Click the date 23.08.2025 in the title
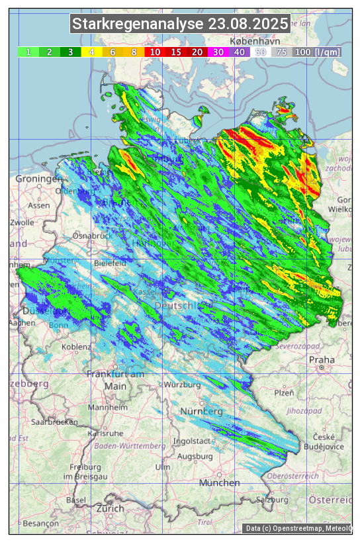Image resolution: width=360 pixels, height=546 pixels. tap(248, 24)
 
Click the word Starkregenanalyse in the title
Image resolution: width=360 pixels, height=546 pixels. tap(138, 24)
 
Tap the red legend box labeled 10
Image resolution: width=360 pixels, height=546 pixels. tap(155, 52)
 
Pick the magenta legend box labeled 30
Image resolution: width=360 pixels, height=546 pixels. tap(218, 52)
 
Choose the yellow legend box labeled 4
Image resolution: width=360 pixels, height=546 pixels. tap(92, 52)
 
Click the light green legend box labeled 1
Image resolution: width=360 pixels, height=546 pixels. tap(28, 52)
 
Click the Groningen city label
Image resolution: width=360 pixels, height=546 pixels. tap(38, 179)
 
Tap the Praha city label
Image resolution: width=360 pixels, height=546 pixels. tap(322, 360)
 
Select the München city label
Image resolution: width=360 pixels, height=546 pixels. tap(219, 483)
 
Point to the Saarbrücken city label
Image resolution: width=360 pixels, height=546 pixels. tap(55, 421)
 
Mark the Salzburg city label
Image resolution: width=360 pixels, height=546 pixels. tap(274, 499)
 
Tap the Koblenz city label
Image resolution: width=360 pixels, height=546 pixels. tap(76, 347)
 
